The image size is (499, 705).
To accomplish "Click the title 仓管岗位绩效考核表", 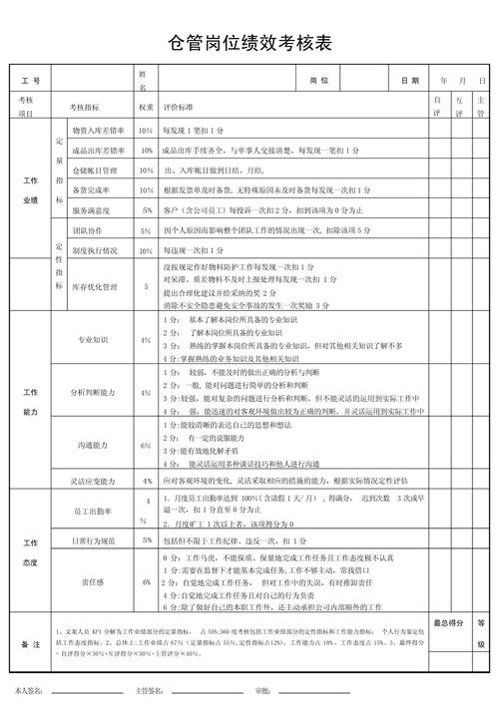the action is (249, 44).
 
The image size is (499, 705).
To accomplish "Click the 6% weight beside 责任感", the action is (146, 580).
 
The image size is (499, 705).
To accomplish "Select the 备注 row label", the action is (30, 646).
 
